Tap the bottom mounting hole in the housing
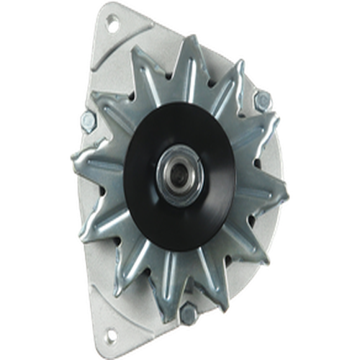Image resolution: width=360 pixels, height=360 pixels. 110,334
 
